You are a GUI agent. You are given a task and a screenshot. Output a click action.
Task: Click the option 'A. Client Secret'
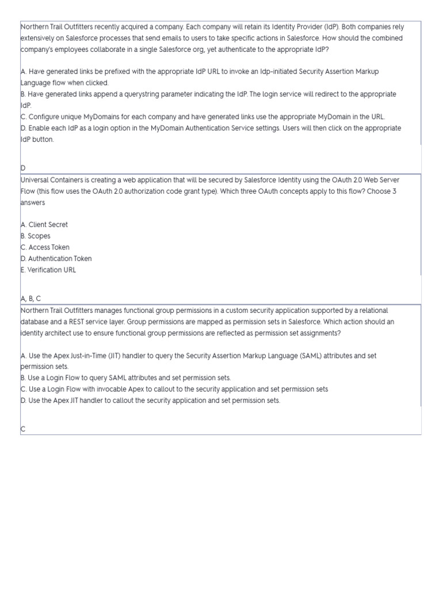(x=44, y=225)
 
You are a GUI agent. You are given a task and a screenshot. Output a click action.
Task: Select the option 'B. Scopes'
(x=35, y=236)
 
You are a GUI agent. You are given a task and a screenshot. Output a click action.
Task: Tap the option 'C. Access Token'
(x=45, y=247)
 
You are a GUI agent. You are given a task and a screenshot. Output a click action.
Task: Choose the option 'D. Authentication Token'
(x=56, y=259)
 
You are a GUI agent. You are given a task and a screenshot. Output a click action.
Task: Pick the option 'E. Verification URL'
(x=48, y=270)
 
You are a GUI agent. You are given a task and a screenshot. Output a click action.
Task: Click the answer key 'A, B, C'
(x=31, y=298)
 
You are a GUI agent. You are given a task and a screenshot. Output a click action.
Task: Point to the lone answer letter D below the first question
(x=23, y=168)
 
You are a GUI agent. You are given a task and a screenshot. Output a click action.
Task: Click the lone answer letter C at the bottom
(x=23, y=429)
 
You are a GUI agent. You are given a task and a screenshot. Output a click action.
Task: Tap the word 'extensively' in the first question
(x=37, y=38)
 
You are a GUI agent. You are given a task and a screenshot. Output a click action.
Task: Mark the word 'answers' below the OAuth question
(x=32, y=203)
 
